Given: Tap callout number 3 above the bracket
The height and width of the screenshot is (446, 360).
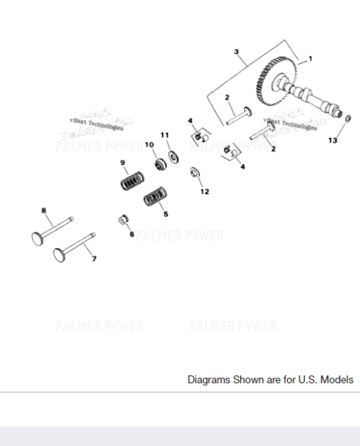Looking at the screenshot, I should pyautogui.click(x=236, y=52).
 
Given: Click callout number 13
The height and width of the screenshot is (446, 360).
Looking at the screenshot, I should pyautogui.click(x=332, y=140).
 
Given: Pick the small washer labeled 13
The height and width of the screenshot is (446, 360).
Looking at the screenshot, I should pyautogui.click(x=347, y=118).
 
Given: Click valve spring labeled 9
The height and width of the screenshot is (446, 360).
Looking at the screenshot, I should pyautogui.click(x=132, y=180).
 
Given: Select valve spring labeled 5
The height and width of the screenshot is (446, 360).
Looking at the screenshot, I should pyautogui.click(x=154, y=198).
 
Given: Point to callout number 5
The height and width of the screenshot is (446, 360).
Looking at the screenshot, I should pyautogui.click(x=165, y=214).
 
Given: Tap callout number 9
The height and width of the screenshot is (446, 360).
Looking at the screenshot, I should pyautogui.click(x=123, y=162).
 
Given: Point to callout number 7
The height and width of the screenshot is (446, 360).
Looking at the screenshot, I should pyautogui.click(x=94, y=259).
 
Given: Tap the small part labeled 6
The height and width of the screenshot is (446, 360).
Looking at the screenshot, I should pyautogui.click(x=124, y=219).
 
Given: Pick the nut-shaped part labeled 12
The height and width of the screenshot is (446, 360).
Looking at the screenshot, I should pyautogui.click(x=195, y=173).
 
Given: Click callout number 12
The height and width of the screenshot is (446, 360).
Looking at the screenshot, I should pyautogui.click(x=205, y=191).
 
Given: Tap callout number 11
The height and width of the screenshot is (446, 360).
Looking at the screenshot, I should pyautogui.click(x=165, y=135).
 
